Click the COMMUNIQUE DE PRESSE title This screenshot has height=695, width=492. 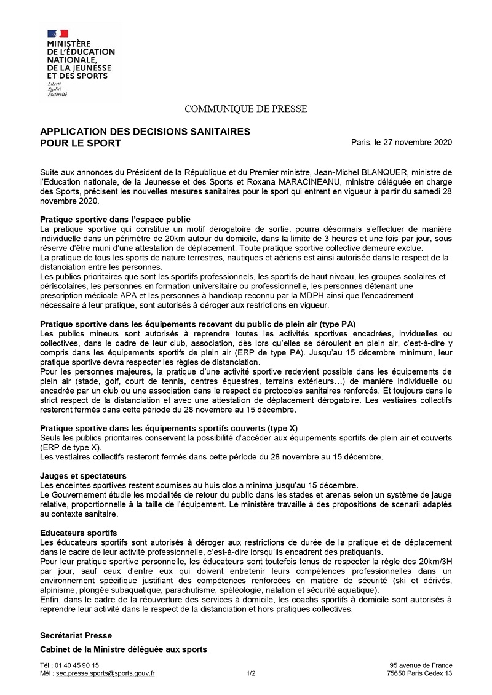click(246, 109)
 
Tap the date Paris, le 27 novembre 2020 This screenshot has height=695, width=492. click(402, 143)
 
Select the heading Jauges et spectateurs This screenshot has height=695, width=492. click(83, 475)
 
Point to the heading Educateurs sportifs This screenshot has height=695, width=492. click(79, 532)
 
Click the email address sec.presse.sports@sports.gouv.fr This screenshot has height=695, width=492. click(105, 673)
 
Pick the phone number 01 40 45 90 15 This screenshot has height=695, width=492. click(77, 665)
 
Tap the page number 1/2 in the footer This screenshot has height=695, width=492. click(251, 673)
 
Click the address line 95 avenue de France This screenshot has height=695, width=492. click(421, 665)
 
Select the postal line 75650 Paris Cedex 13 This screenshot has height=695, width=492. click(419, 673)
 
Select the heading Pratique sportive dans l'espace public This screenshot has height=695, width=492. click(115, 220)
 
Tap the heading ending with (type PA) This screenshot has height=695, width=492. click(198, 324)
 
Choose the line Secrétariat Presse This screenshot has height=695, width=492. click(76, 635)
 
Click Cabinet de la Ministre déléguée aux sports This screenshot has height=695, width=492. click(124, 649)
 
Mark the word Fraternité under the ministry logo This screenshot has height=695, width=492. click(57, 94)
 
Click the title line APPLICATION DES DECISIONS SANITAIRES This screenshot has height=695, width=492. click(145, 132)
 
